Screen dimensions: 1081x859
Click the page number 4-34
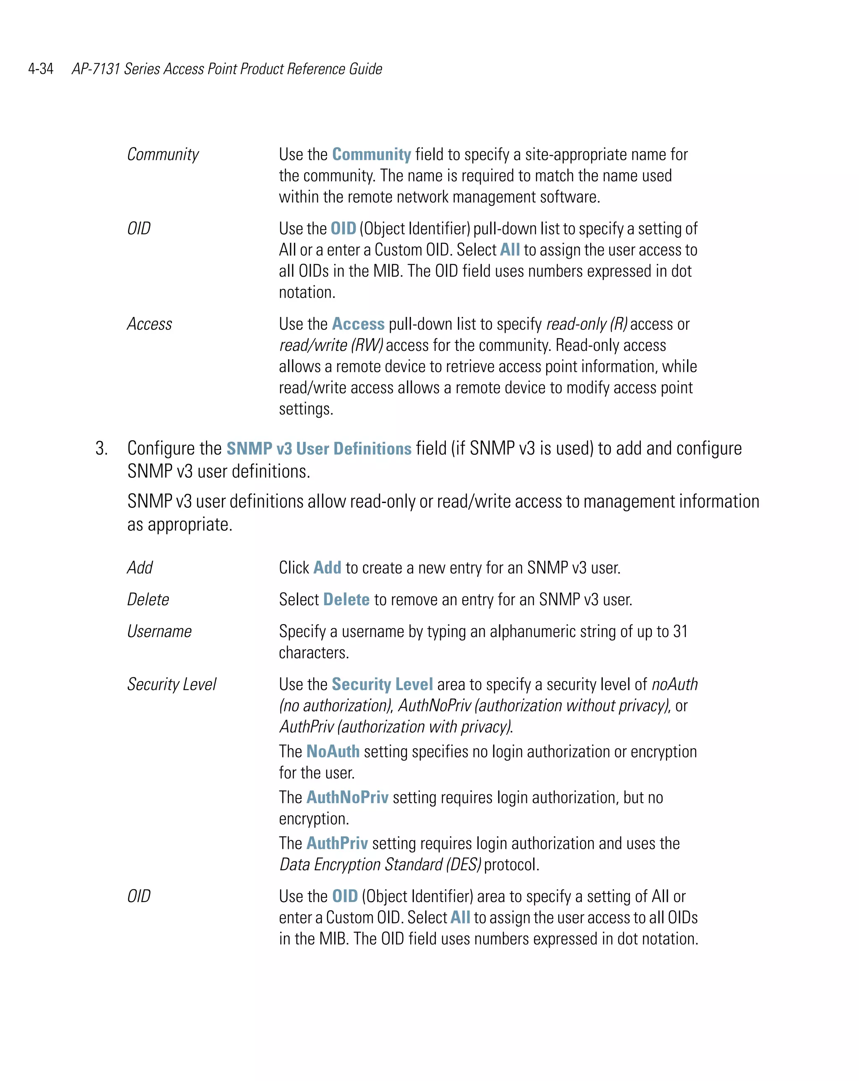point(41,69)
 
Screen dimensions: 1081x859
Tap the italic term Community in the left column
point(163,154)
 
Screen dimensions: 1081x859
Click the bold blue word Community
point(371,154)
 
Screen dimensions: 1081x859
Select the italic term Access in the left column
point(149,324)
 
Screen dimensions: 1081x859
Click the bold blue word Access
point(358,324)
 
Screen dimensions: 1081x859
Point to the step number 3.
point(102,448)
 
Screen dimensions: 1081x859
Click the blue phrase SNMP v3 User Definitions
point(319,448)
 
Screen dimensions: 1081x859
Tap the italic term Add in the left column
point(140,568)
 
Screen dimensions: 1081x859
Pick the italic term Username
point(159,631)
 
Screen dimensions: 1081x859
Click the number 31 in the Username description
point(680,631)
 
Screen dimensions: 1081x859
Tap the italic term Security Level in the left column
point(171,684)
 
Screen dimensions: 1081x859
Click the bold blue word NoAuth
point(333,751)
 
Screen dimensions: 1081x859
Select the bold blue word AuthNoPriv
point(347,797)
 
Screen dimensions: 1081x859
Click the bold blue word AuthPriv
point(337,843)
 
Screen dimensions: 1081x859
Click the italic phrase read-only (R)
point(586,324)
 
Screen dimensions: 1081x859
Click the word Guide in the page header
point(365,69)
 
